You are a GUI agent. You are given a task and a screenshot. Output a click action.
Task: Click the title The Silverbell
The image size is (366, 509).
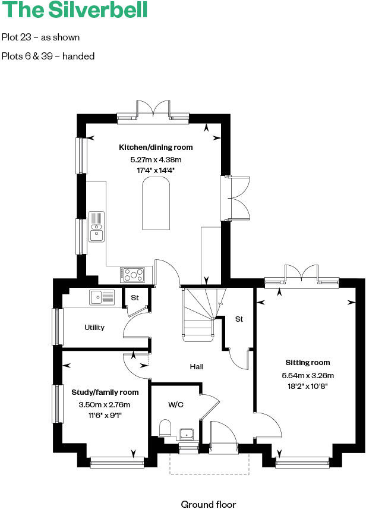(74, 11)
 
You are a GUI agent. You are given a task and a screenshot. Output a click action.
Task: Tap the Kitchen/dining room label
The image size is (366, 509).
(156, 147)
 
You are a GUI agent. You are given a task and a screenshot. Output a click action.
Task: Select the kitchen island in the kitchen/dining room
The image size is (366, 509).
(156, 205)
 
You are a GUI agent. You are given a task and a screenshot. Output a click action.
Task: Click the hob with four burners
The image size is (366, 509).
(133, 274)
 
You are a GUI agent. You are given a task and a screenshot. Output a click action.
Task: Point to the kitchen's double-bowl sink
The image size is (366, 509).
(96, 227)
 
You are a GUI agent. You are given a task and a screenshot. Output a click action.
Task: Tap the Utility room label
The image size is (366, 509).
(94, 328)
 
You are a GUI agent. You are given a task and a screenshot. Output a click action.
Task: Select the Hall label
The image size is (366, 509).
(197, 367)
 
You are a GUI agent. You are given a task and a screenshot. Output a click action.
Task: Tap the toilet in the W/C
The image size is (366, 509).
(166, 428)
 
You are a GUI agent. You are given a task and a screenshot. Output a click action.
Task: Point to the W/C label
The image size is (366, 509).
(175, 405)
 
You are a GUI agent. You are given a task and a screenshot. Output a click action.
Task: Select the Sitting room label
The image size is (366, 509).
(307, 363)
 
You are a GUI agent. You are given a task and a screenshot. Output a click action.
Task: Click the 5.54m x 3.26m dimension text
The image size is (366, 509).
(308, 375)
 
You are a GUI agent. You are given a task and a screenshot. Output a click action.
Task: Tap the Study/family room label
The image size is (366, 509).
(105, 392)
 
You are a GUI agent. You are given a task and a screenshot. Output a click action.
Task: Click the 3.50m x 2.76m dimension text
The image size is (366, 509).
(105, 405)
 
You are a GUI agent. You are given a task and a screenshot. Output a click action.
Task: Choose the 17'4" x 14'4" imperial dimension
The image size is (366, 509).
(156, 170)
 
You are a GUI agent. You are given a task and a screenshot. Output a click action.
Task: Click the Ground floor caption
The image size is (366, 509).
(209, 504)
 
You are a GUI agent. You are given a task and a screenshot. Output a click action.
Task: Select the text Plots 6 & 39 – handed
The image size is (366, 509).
(48, 56)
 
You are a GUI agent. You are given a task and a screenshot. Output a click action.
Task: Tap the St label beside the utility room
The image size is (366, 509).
(135, 297)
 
